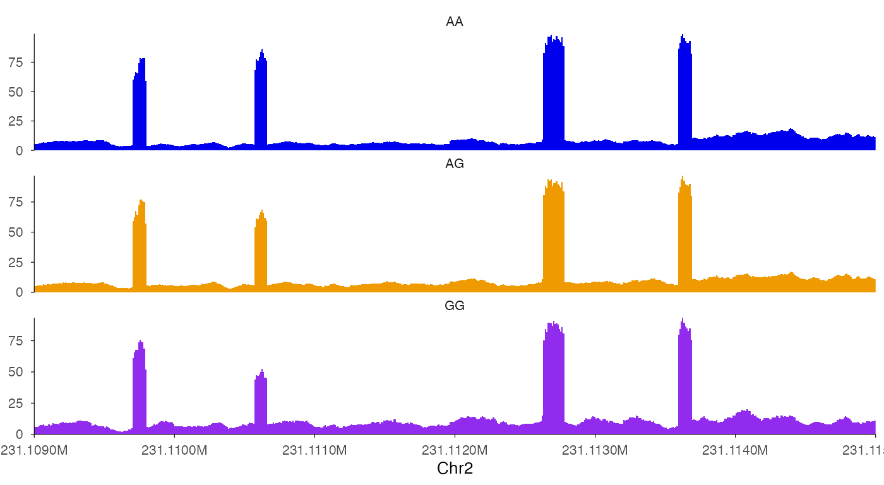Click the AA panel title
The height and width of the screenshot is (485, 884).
(455, 22)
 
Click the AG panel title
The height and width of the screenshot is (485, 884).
(455, 164)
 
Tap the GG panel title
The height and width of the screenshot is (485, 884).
(455, 306)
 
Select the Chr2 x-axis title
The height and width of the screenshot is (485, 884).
(455, 469)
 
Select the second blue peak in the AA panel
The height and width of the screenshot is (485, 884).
(261, 101)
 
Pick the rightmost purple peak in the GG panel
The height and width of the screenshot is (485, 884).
(685, 379)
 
